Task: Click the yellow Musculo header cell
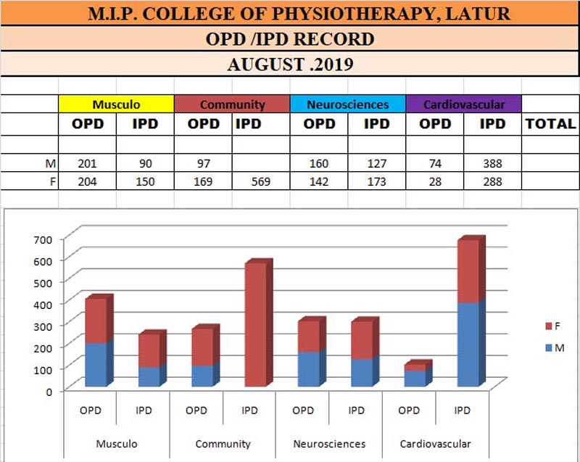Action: [116, 104]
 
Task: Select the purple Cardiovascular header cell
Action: [464, 104]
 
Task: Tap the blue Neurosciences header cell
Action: [348, 104]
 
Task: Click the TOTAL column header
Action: [550, 124]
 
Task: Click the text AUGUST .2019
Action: [290, 64]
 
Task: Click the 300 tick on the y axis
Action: [43, 324]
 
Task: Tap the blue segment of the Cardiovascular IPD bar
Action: [468, 345]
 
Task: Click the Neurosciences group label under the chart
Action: [330, 444]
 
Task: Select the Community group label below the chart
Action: [223, 444]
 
